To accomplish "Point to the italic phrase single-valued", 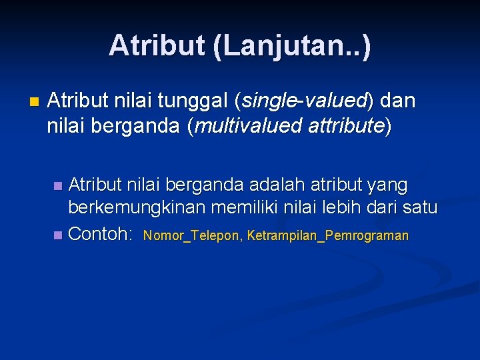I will tap(304, 102).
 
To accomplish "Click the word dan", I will tap(399, 102).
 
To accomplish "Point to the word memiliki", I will tap(245, 209).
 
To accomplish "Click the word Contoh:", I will tap(102, 234).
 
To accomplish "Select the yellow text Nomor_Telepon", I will tap(192, 236).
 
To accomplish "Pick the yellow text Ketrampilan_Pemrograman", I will tap(327, 236).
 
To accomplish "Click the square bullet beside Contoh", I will tap(58, 235).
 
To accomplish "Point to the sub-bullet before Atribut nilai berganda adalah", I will tap(58, 185).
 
